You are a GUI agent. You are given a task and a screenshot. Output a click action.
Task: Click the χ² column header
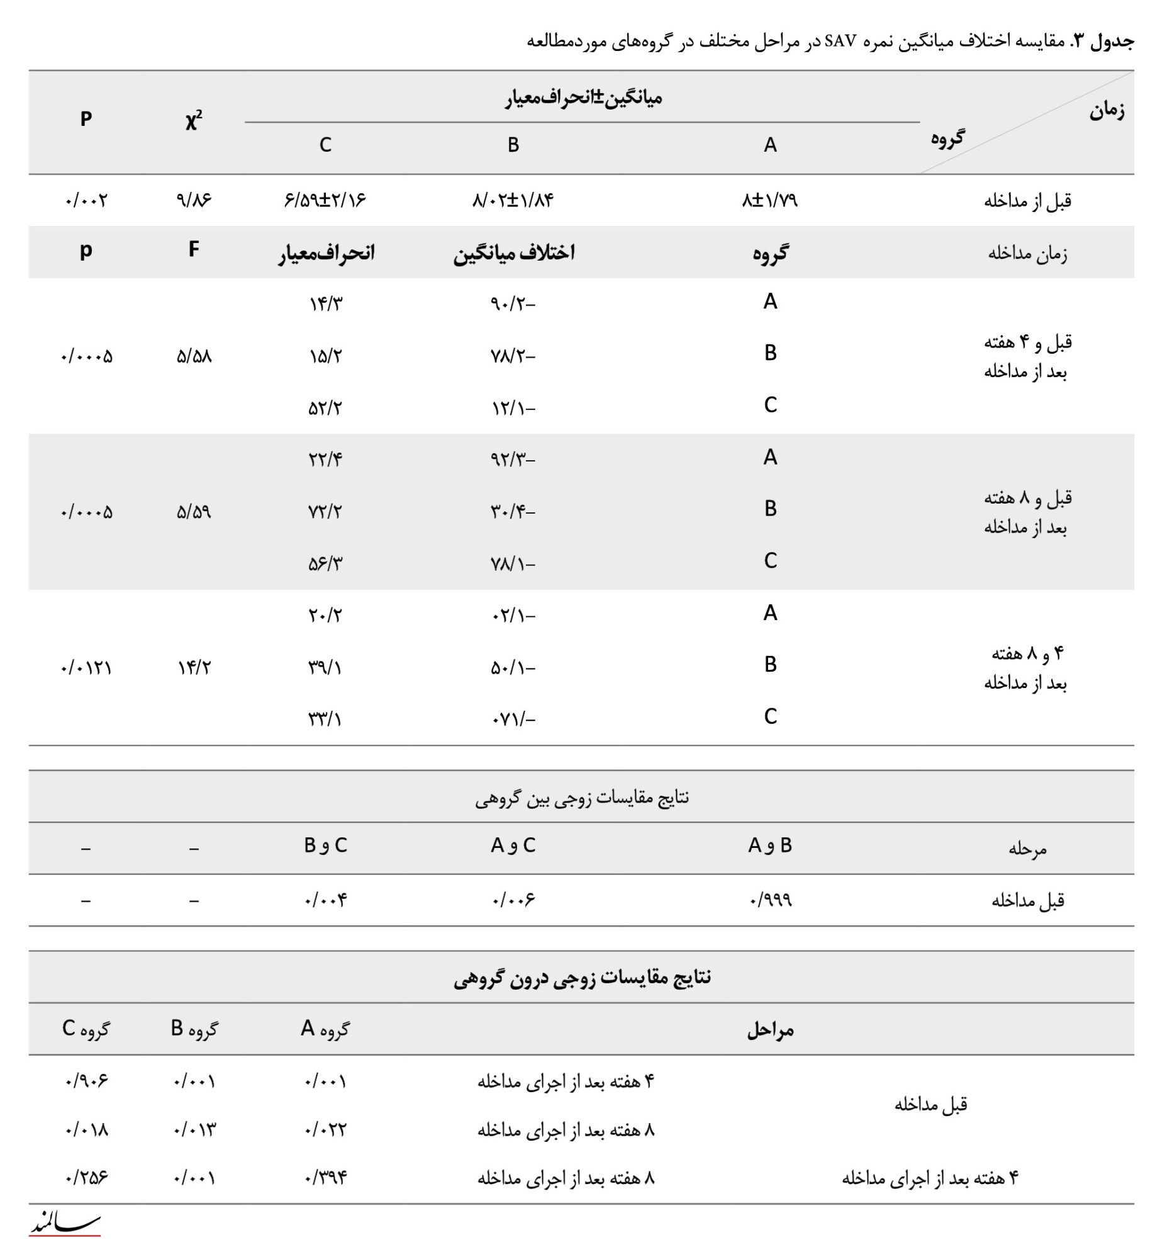click(x=194, y=119)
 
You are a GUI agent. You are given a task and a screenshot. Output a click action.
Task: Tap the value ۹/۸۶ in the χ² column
click(x=194, y=200)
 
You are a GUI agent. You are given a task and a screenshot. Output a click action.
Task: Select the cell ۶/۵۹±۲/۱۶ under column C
click(x=325, y=200)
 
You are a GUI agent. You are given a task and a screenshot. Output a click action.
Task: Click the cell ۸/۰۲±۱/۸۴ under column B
click(x=513, y=200)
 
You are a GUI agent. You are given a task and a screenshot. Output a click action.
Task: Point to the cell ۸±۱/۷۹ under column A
click(x=769, y=200)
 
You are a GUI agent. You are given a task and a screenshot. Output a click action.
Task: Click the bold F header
click(x=194, y=249)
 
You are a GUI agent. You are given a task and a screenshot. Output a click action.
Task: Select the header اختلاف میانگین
click(x=513, y=253)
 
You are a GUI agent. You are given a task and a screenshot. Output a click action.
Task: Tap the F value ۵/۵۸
click(x=194, y=356)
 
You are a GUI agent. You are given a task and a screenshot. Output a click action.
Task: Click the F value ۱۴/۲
click(x=194, y=667)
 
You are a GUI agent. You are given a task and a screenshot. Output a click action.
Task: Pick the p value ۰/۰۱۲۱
click(x=86, y=667)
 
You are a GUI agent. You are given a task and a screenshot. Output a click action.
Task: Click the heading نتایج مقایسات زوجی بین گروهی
click(x=581, y=798)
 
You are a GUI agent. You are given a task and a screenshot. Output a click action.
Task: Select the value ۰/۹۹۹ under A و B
click(x=770, y=900)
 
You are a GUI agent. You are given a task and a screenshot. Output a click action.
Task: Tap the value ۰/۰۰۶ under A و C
click(x=513, y=900)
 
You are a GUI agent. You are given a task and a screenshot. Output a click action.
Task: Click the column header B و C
click(x=325, y=845)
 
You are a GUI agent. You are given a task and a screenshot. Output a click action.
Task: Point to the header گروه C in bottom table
click(x=86, y=1029)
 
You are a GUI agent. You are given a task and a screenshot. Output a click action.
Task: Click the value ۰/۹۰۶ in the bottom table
click(x=86, y=1081)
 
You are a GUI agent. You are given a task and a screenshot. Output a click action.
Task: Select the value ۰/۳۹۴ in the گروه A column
click(x=325, y=1177)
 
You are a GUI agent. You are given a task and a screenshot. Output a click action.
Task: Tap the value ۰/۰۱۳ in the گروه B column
click(x=194, y=1130)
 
